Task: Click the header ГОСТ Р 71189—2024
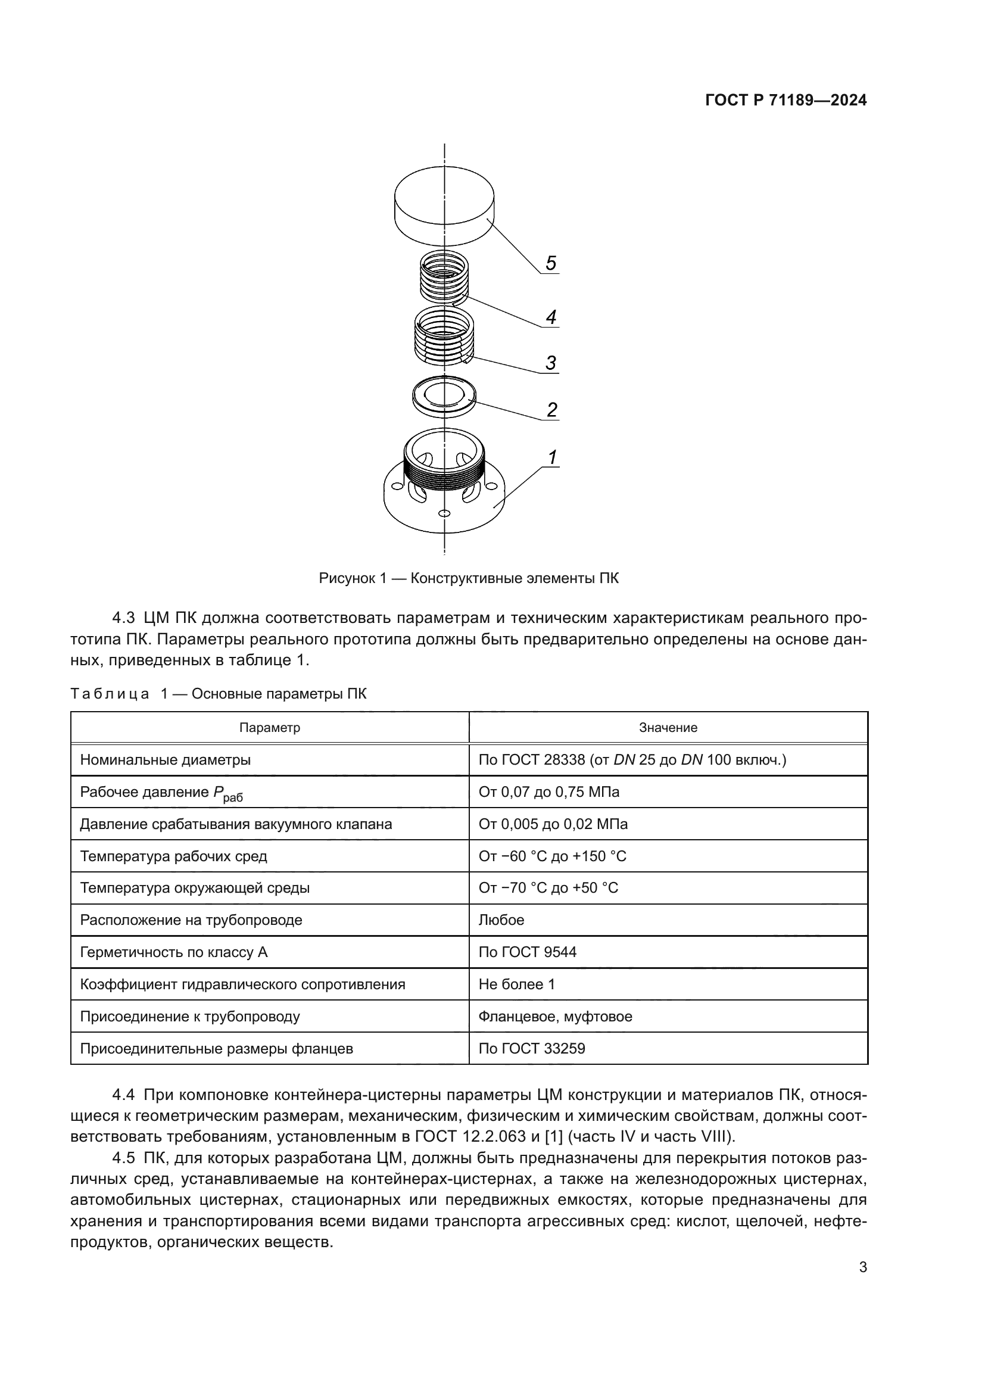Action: (786, 101)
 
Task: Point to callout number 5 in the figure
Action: (550, 263)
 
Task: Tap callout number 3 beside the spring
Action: (550, 363)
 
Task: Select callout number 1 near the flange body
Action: (552, 457)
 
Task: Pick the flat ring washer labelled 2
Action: (444, 397)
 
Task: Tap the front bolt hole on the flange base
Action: (444, 514)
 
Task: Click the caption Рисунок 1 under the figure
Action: (468, 578)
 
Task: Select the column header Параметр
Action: (269, 727)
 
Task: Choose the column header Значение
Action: (668, 727)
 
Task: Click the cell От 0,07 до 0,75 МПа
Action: (549, 791)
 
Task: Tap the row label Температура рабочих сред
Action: (173, 856)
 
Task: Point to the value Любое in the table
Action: (501, 920)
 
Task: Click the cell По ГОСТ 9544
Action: (527, 952)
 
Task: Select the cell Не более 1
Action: (516, 984)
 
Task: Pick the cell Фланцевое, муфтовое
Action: (555, 1016)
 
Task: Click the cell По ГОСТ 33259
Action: (531, 1048)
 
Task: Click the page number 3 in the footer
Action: (862, 1267)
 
